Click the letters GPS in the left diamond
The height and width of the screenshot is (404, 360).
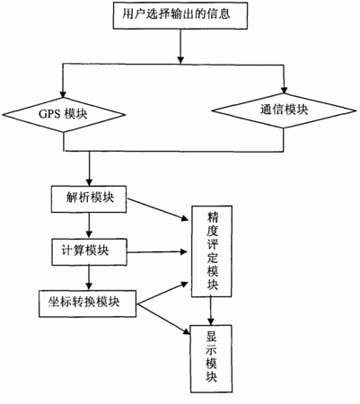pos(50,114)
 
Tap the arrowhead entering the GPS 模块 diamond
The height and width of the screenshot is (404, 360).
pos(63,93)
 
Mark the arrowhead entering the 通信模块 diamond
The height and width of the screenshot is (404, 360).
pos(285,90)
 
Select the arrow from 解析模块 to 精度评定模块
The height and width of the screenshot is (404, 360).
pos(158,210)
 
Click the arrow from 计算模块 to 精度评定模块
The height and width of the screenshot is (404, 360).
pos(157,252)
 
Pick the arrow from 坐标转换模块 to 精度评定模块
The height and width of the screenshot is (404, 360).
pos(162,293)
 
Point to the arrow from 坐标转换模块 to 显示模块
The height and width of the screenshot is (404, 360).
pos(163,319)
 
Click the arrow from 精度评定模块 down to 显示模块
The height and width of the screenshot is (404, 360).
pos(211,311)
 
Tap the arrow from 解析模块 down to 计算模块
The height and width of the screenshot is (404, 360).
pos(89,225)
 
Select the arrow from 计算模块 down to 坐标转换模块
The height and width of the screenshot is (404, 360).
pos(89,277)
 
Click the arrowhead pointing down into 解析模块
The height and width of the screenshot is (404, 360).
pos(89,182)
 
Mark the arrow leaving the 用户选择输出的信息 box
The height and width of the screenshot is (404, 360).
pos(180,47)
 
